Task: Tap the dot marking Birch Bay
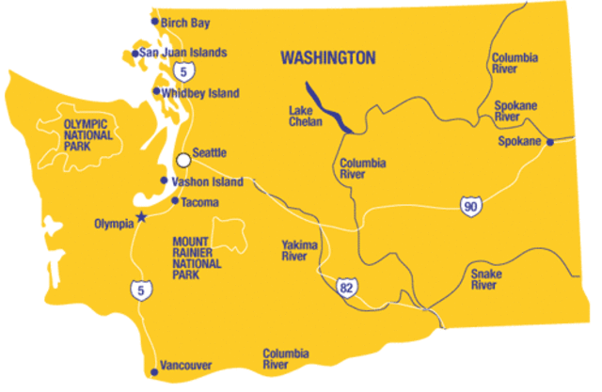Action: (x=155, y=21)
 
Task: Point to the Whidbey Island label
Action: (x=201, y=93)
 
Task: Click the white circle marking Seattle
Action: (x=183, y=160)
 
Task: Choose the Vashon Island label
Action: (x=208, y=181)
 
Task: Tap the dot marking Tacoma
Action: (x=175, y=200)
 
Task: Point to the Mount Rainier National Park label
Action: (x=198, y=252)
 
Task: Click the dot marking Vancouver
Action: (x=154, y=372)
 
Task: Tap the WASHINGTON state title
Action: (x=328, y=58)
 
